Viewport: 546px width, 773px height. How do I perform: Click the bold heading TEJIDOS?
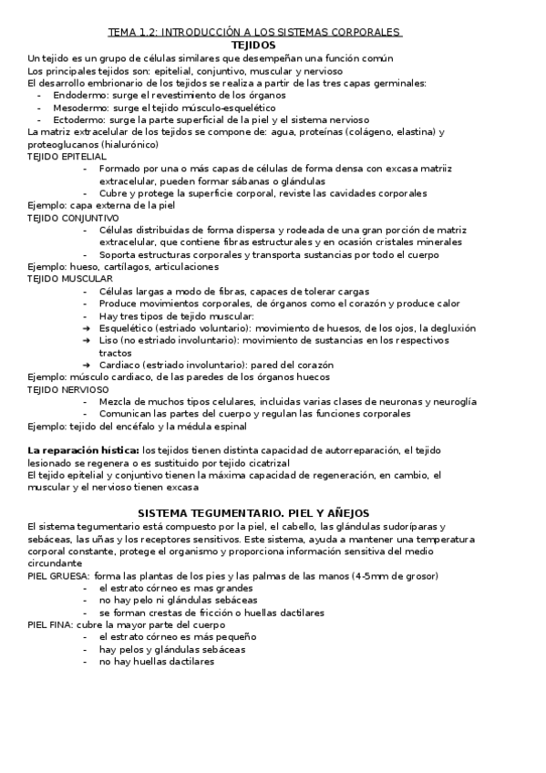point(254,45)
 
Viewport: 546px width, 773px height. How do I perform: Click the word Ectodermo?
point(77,119)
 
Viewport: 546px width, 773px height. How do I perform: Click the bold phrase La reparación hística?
point(83,450)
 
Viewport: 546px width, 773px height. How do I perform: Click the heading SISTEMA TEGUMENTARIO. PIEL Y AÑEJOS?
point(253,513)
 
